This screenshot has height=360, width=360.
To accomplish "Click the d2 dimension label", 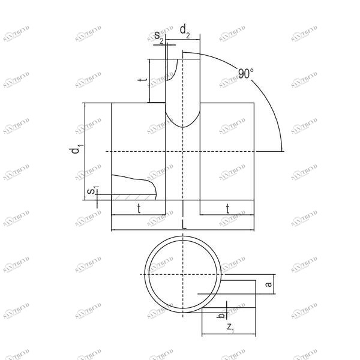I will [185, 29].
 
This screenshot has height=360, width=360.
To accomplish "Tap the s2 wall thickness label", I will [159, 37].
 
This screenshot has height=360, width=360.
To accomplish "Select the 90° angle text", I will [245, 74].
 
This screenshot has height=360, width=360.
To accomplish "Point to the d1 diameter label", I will [75, 150].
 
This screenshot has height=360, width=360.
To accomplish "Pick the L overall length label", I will [184, 223].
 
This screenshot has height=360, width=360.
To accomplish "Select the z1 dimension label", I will [230, 327].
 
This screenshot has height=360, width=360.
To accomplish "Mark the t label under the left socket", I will [139, 208].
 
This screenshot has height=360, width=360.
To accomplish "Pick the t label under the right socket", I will [227, 208].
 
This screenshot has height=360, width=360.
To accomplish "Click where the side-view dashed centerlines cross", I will [183, 151].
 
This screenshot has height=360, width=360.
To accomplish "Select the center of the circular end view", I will [183, 274].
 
